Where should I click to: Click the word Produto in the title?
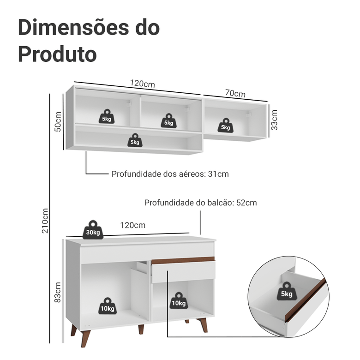(57, 54)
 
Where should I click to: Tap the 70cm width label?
(235, 94)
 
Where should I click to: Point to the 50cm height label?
(58, 121)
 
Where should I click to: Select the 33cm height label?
(274, 120)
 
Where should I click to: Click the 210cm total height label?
(45, 221)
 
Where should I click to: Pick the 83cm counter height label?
(58, 292)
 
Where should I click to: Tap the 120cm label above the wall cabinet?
(142, 84)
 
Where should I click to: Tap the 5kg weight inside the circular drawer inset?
(286, 291)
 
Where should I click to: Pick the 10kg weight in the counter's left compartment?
(107, 305)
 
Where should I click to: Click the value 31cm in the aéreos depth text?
(218, 174)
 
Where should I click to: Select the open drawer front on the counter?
(184, 272)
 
